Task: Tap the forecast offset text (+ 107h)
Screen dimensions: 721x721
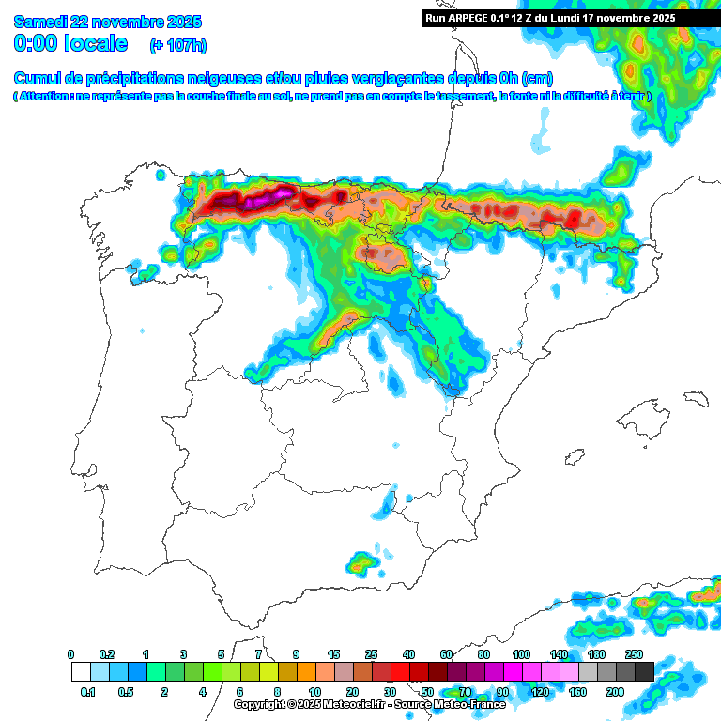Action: click(x=178, y=45)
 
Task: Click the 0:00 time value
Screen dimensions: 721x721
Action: click(x=38, y=43)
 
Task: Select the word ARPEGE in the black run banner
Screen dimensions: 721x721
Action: click(x=475, y=18)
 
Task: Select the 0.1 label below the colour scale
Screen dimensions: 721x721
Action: click(x=88, y=692)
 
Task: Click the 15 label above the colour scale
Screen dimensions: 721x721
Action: click(x=333, y=654)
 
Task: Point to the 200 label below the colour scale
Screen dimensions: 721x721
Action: click(x=615, y=692)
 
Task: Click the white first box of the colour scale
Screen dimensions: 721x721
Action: click(x=81, y=672)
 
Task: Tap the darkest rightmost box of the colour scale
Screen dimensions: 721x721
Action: click(x=644, y=672)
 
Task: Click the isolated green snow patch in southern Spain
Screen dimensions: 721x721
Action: click(x=361, y=562)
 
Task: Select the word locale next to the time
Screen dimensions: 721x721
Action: click(x=97, y=43)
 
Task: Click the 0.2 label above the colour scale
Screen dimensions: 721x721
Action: click(x=108, y=654)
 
